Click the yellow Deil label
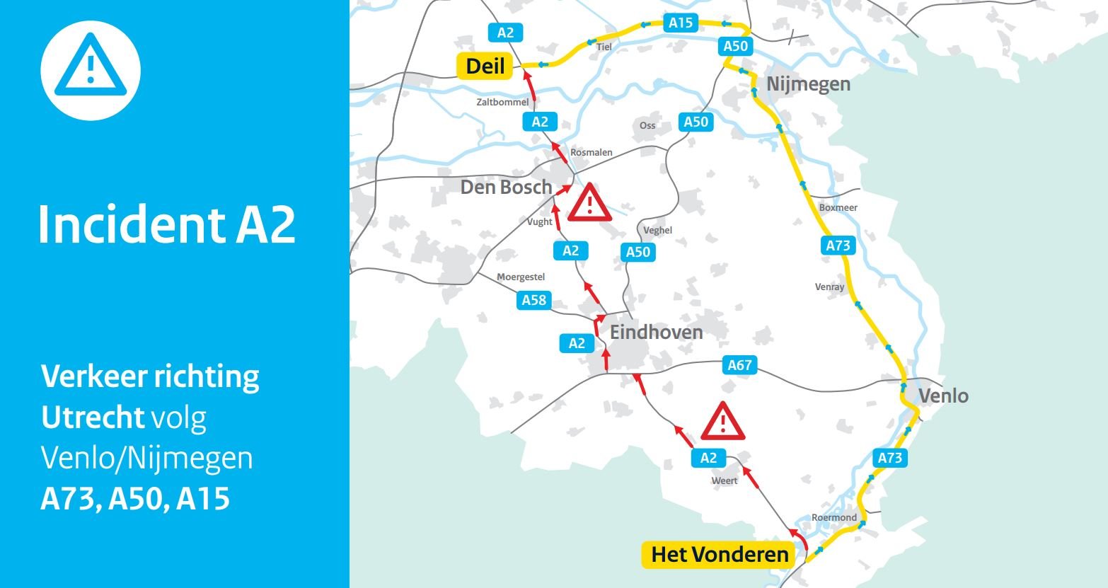485,67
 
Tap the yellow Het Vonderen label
719,555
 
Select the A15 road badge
681,23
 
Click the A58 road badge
534,300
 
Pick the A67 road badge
740,365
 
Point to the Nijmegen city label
809,84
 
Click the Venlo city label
943,396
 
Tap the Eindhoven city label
657,333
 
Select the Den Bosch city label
506,187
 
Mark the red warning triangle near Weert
722,422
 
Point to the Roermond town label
834,517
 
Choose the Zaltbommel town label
502,103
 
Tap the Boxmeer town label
838,208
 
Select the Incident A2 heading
167,225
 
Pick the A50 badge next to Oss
696,122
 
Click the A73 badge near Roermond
889,458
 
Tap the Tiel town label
604,47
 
